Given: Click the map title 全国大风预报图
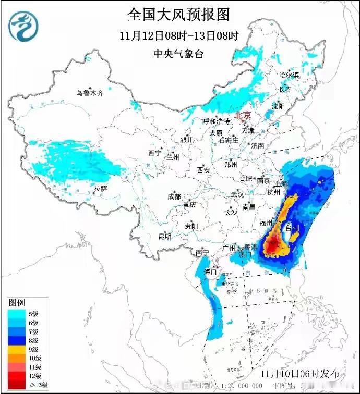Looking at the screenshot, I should [x=178, y=14].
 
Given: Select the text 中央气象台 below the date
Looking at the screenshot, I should [x=179, y=54].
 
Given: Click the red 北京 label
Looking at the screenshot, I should [x=243, y=115].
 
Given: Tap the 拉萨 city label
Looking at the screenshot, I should [x=100, y=188].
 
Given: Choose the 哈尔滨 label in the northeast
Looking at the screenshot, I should [x=289, y=75].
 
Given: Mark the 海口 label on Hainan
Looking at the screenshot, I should [x=210, y=272].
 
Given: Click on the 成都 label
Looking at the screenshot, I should [x=174, y=196].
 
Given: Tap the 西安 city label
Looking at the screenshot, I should [x=203, y=170].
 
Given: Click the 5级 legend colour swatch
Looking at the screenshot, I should [x=15, y=314].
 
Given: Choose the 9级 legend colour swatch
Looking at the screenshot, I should [x=15, y=349].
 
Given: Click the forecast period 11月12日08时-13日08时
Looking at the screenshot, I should [x=178, y=36].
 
